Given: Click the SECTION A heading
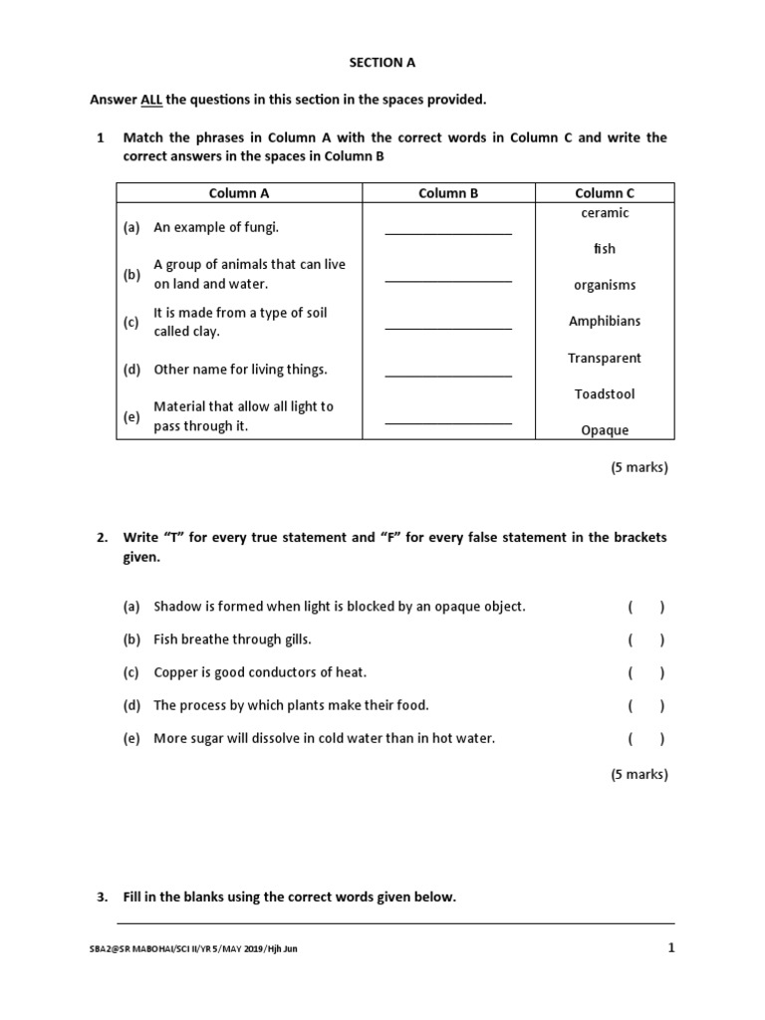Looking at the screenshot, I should (x=382, y=62).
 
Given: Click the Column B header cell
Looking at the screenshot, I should (x=448, y=193).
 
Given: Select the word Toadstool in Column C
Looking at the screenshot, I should (x=605, y=394).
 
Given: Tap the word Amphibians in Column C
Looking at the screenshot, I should (x=605, y=322).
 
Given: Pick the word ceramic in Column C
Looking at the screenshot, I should (x=605, y=213).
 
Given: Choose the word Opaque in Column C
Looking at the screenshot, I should (x=605, y=431).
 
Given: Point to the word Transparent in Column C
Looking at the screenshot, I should (x=605, y=359).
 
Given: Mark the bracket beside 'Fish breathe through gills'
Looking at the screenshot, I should (x=645, y=639).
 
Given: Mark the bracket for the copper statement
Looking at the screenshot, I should (x=645, y=672).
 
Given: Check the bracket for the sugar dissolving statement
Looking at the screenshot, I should (x=645, y=739).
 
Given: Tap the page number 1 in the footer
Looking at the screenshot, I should (x=670, y=948).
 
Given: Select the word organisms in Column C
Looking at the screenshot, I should (x=605, y=286).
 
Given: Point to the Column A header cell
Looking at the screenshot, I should (x=239, y=193).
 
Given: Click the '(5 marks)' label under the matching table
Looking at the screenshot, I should (x=639, y=467).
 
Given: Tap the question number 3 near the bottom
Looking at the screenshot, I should (x=102, y=896).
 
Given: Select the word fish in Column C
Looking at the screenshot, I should (x=605, y=249).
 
